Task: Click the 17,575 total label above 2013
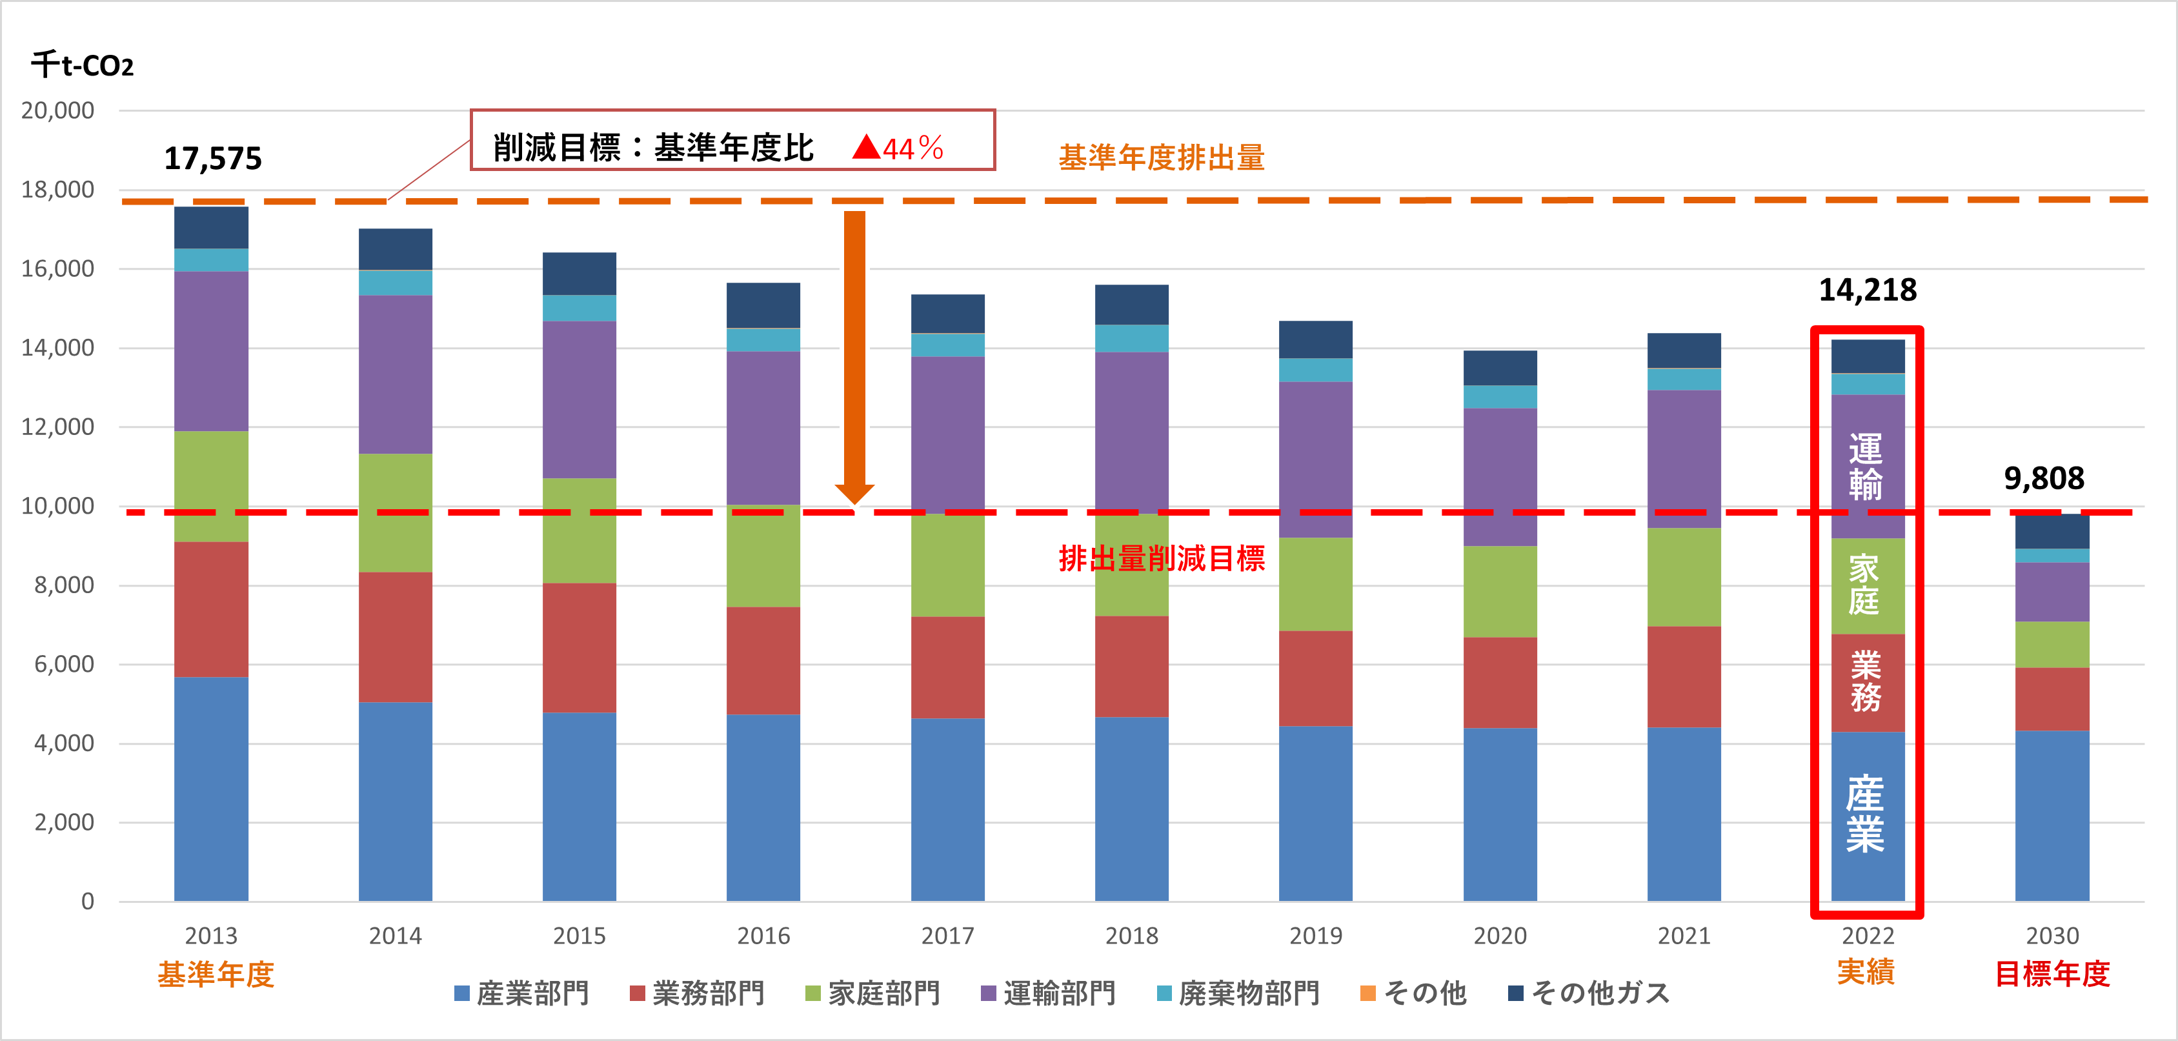(x=213, y=159)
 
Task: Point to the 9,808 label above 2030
(x=2044, y=479)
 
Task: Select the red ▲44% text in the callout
(x=898, y=149)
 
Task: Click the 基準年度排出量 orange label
(x=1161, y=158)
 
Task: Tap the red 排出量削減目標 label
(x=1161, y=559)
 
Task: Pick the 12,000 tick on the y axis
(x=57, y=427)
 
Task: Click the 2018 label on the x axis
(x=1131, y=936)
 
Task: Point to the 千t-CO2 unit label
(x=82, y=65)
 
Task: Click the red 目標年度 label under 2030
(x=2052, y=974)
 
